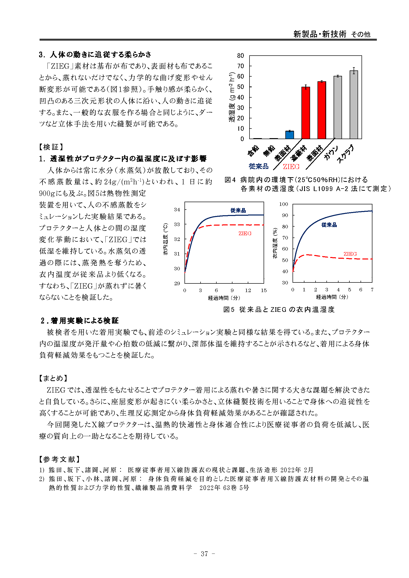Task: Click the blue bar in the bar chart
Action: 289,135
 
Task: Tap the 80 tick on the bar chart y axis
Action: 241,56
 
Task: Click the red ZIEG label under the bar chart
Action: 291,167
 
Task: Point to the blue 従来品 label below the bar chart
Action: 258,166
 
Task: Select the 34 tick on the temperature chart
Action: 177,210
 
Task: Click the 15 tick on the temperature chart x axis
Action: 264,290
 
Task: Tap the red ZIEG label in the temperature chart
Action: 245,233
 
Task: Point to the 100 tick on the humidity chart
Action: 283,204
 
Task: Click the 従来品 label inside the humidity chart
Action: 329,225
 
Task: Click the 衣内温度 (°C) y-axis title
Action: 165,239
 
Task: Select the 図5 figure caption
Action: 279,309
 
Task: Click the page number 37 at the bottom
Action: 204,554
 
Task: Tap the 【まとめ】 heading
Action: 53,378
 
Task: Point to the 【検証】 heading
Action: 51,147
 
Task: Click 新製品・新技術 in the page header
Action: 319,34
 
